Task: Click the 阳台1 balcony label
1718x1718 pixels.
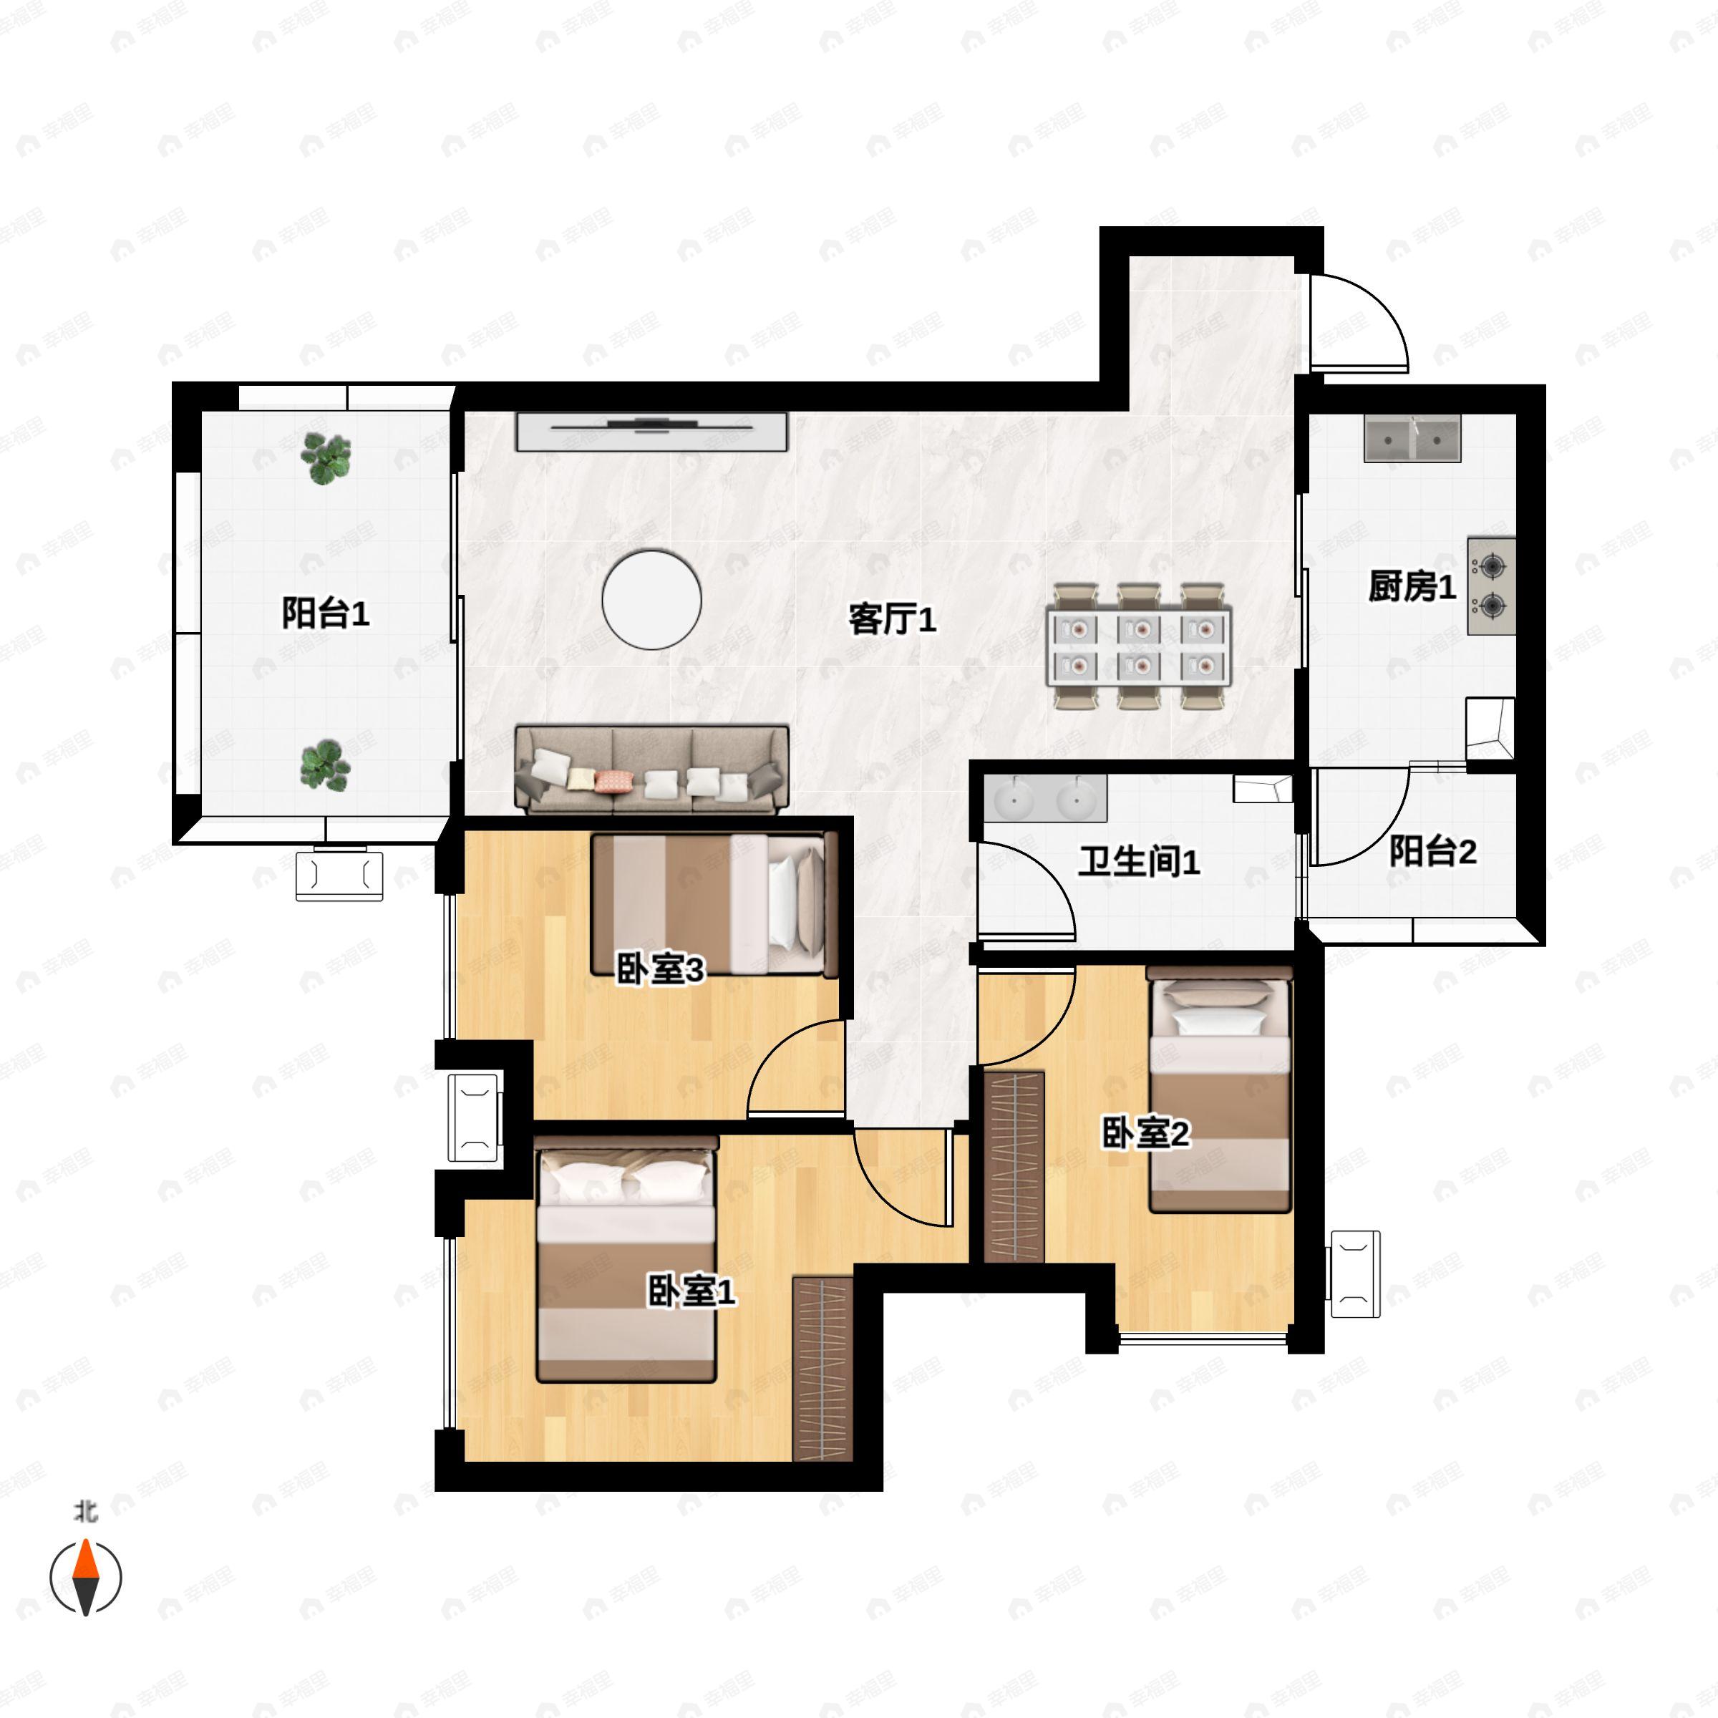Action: tap(326, 613)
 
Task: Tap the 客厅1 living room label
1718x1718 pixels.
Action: tap(892, 619)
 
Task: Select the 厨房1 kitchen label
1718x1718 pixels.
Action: tap(1412, 587)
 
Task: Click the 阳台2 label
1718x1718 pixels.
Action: tap(1432, 851)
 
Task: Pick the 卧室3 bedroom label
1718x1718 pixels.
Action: tap(660, 969)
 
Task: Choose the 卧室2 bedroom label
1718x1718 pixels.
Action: tap(1145, 1133)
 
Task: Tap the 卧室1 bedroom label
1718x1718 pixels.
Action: tap(691, 1291)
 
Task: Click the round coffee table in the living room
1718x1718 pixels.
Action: tap(652, 599)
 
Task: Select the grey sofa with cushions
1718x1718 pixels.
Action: tap(652, 770)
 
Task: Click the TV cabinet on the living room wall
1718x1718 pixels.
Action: tap(652, 430)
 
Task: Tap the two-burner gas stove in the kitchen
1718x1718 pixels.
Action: tap(1491, 585)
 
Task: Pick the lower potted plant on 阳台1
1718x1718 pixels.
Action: tap(326, 765)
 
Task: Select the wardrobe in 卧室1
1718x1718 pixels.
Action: tap(822, 1369)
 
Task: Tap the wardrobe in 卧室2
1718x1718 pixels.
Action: tap(1014, 1166)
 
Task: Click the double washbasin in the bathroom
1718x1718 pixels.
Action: tap(1046, 797)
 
